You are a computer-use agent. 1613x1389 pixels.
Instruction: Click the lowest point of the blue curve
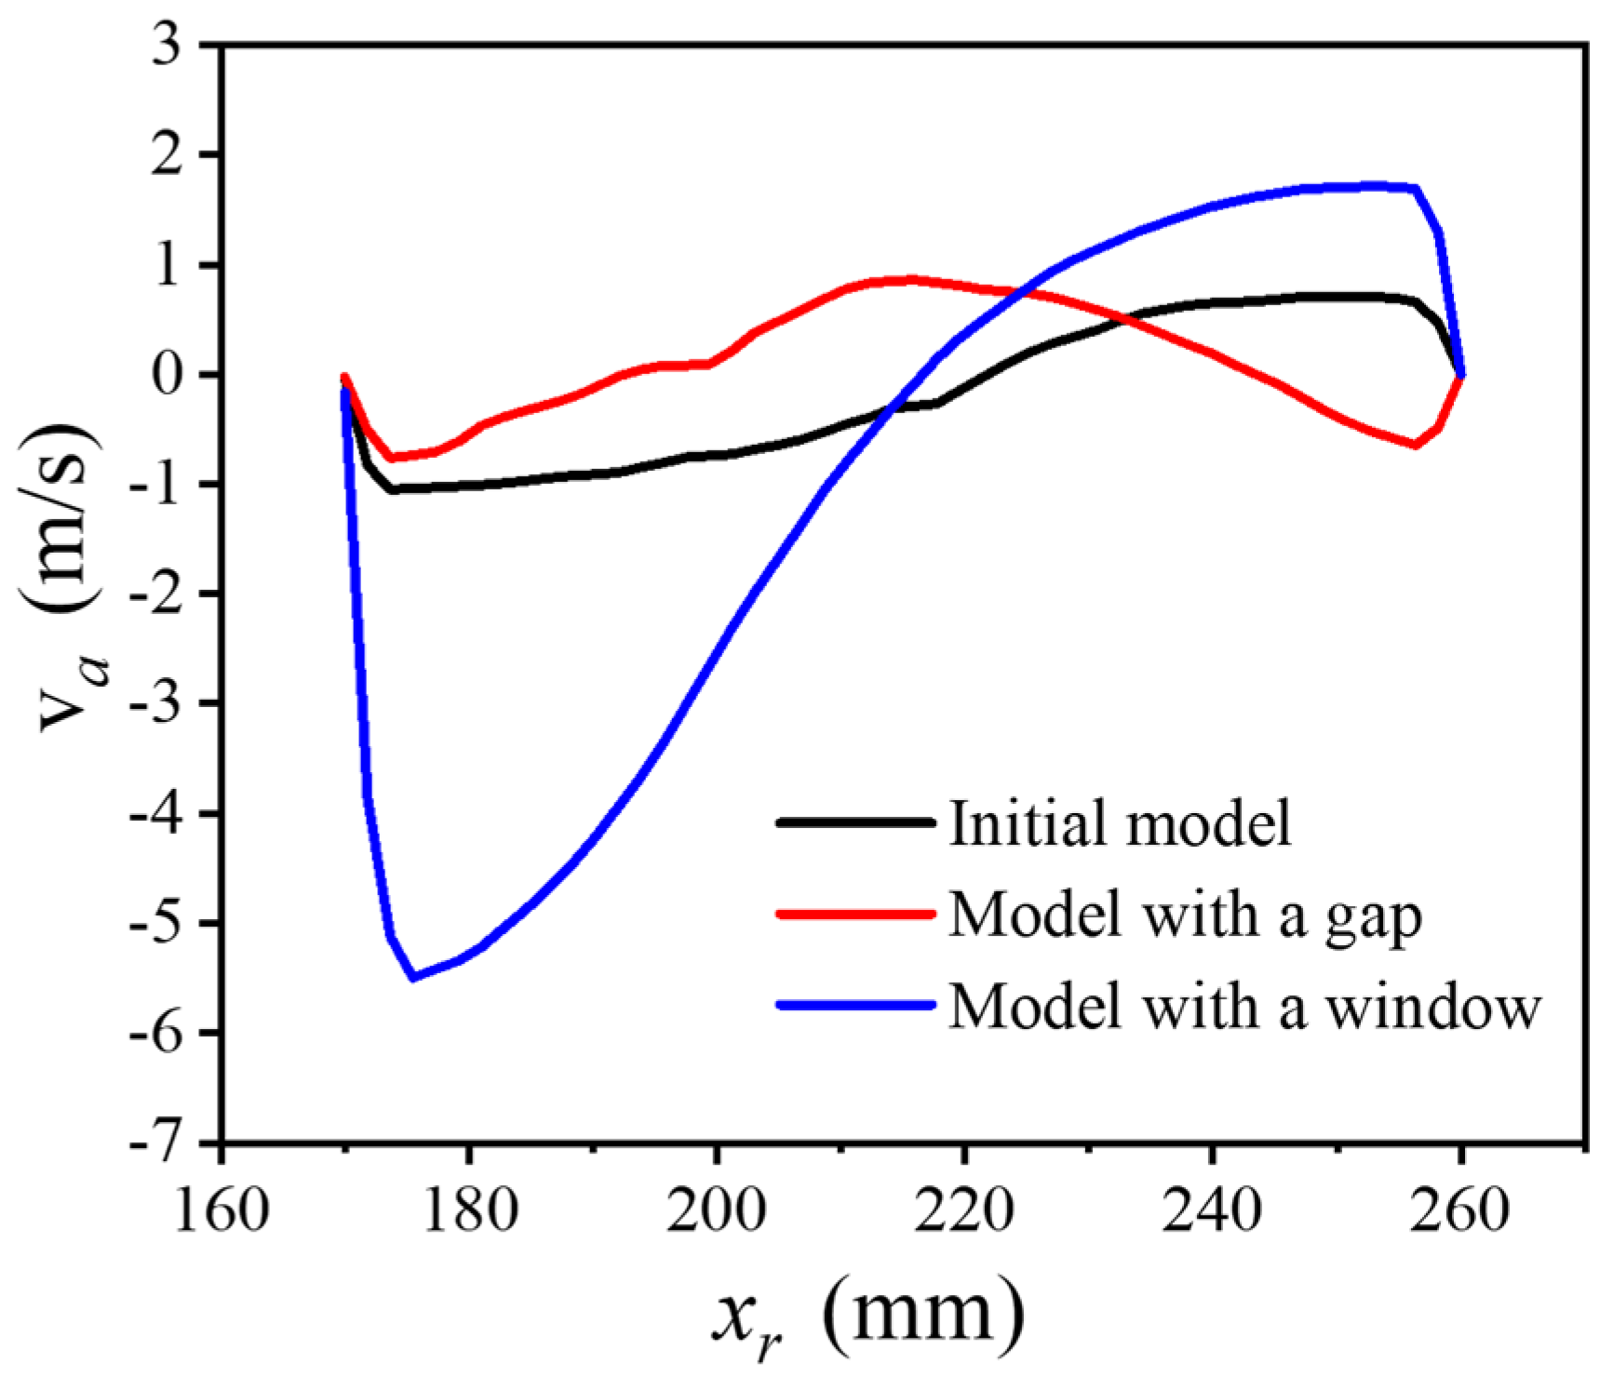413,977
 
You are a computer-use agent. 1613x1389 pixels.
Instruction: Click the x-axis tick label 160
222,1212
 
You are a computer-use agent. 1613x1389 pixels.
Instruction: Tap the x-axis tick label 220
964,1212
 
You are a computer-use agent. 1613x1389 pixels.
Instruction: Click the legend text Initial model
1121,822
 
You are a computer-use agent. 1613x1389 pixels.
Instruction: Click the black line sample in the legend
854,822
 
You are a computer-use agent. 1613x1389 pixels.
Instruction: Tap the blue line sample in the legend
854,1006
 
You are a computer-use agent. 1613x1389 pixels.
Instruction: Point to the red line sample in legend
854,915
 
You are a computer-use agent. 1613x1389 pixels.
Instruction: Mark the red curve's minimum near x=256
1415,445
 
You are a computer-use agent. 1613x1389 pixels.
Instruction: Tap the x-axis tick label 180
469,1212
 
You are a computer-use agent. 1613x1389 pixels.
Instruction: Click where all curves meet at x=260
1462,375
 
